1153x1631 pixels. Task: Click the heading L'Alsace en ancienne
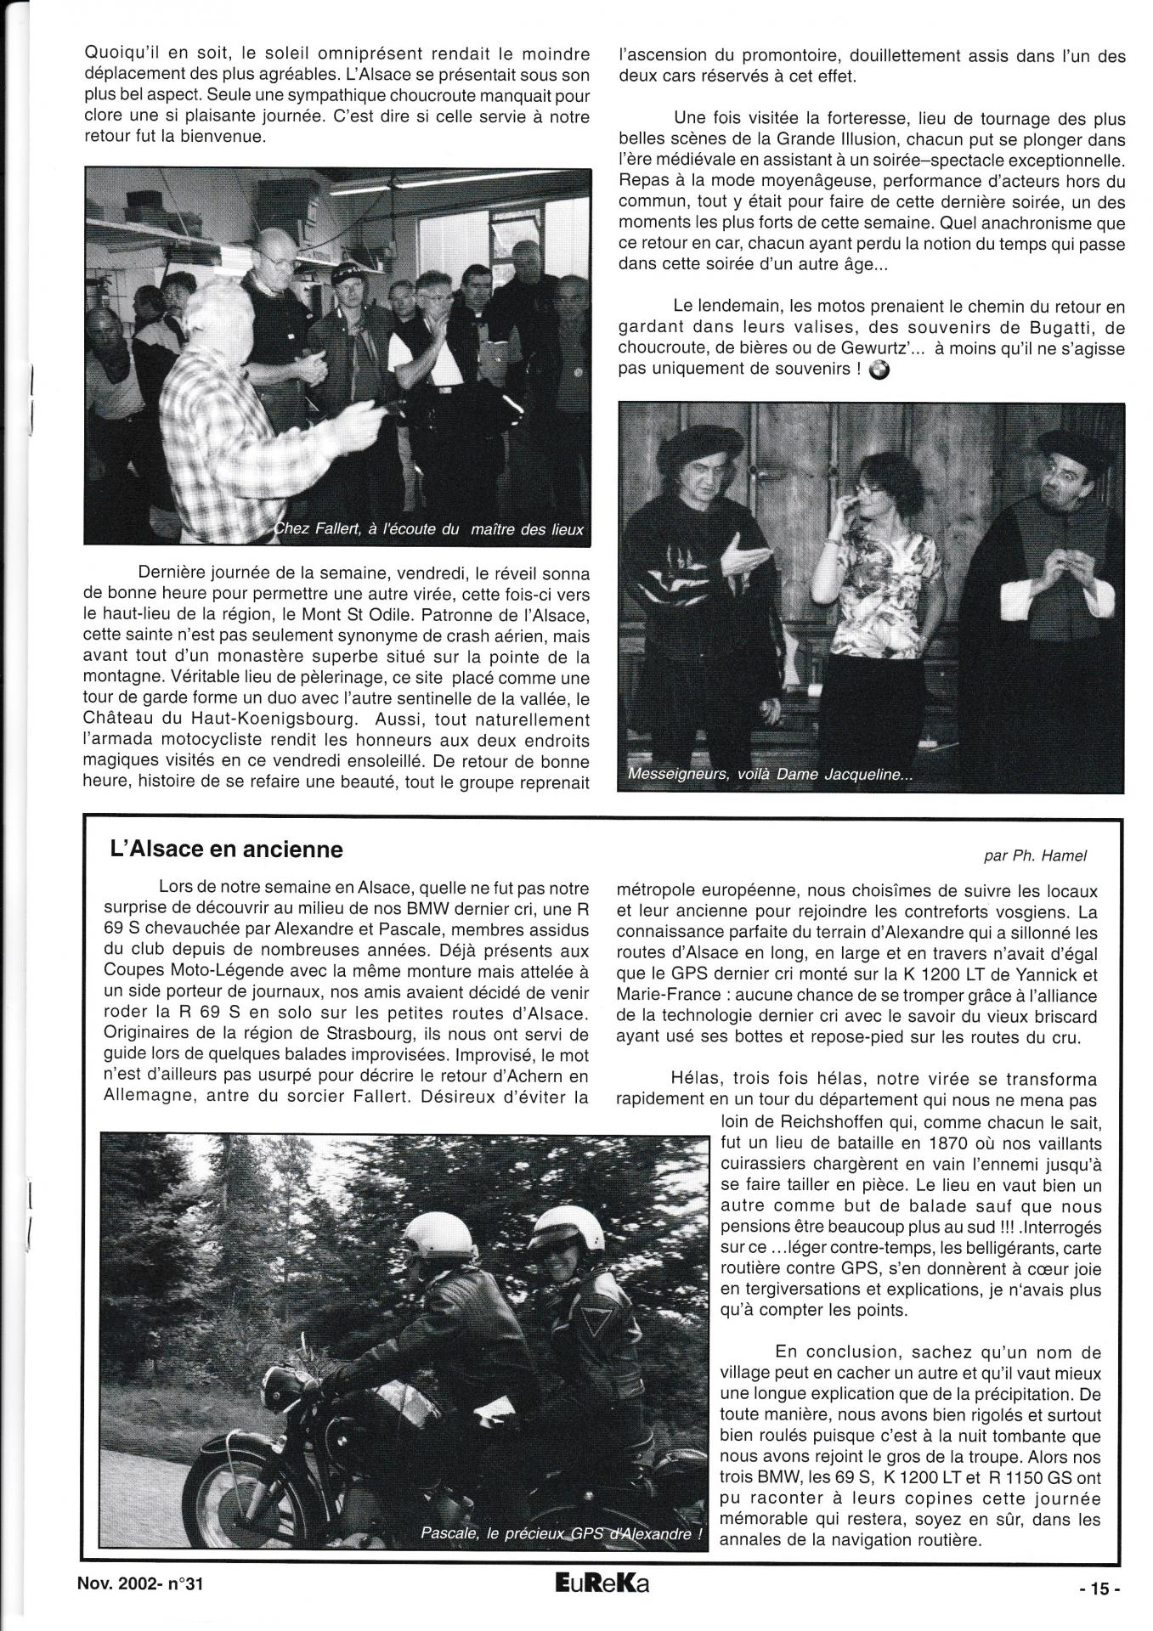(227, 849)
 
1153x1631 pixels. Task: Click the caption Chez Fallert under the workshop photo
(430, 529)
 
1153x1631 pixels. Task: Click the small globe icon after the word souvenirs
(879, 369)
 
